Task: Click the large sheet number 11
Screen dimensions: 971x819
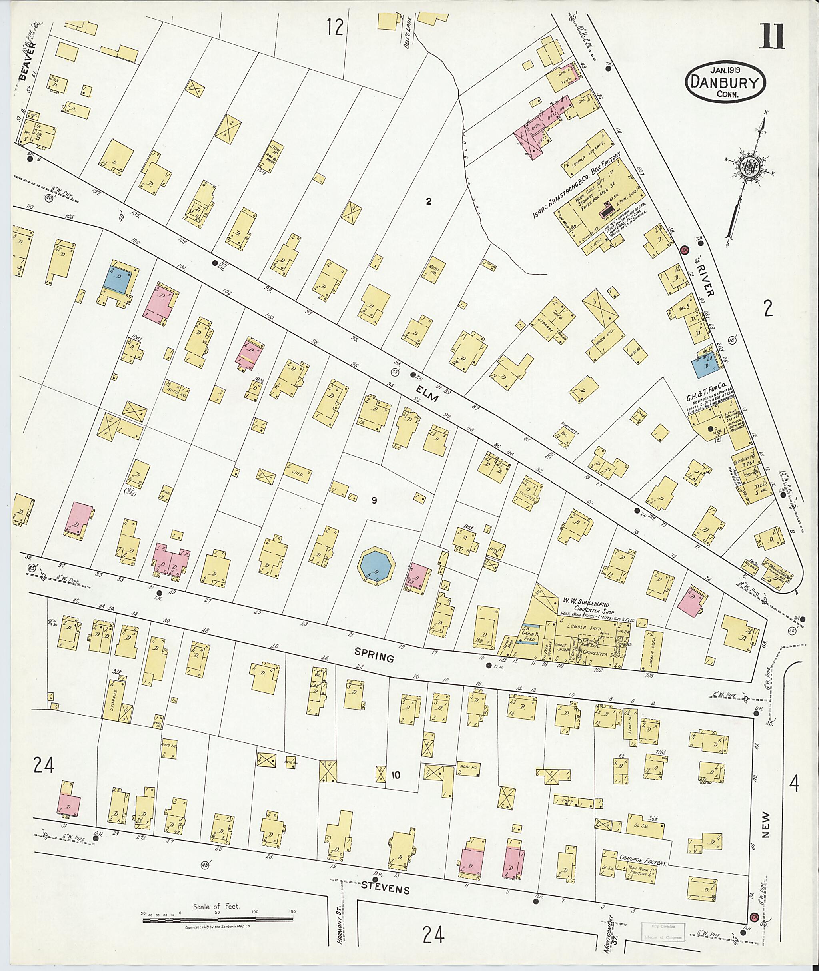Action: coord(772,37)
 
